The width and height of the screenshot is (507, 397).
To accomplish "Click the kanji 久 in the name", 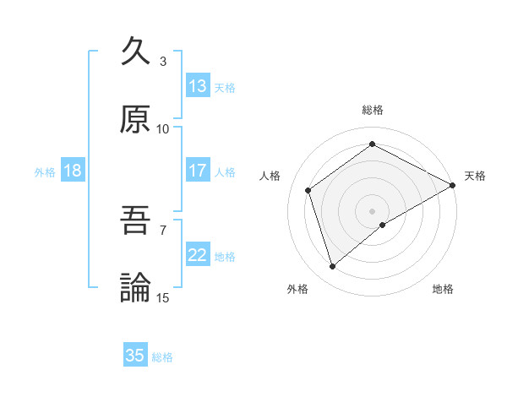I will (136, 52).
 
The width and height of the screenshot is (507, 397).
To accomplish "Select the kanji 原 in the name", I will (136, 119).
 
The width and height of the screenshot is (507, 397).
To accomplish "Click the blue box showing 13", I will (198, 86).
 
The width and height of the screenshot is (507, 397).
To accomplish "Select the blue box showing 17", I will (198, 171).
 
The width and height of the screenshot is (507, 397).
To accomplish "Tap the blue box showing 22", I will (198, 255).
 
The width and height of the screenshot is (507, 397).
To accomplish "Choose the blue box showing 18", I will (73, 171).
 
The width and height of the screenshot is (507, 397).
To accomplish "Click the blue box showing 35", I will (135, 356).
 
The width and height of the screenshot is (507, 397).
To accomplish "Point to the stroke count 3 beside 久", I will (162, 61).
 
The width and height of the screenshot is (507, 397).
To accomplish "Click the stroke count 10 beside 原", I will (162, 128).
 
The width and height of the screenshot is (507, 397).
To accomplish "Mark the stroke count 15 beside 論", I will (162, 296).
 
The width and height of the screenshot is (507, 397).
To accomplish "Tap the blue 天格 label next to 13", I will (225, 87).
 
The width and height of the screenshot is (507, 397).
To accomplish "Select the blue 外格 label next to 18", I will (45, 171).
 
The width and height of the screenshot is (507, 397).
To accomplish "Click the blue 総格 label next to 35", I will (162, 357).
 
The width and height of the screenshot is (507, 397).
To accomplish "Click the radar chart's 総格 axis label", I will (373, 110).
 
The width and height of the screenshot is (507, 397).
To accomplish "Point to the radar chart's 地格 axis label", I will (443, 289).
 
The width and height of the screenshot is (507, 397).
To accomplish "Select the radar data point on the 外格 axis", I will (333, 267).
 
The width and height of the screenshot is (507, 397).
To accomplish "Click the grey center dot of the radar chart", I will (373, 210).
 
